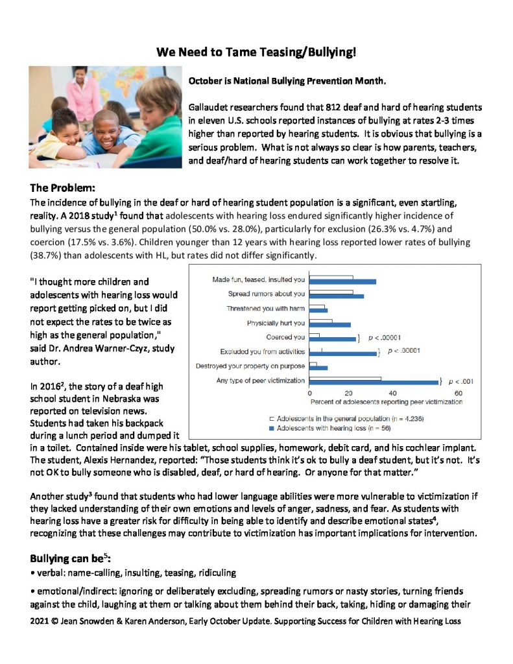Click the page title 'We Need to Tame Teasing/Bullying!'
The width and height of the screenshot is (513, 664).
256,52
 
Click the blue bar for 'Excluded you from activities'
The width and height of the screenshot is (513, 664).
343,353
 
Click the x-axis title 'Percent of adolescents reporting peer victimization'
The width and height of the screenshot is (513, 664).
386,402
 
